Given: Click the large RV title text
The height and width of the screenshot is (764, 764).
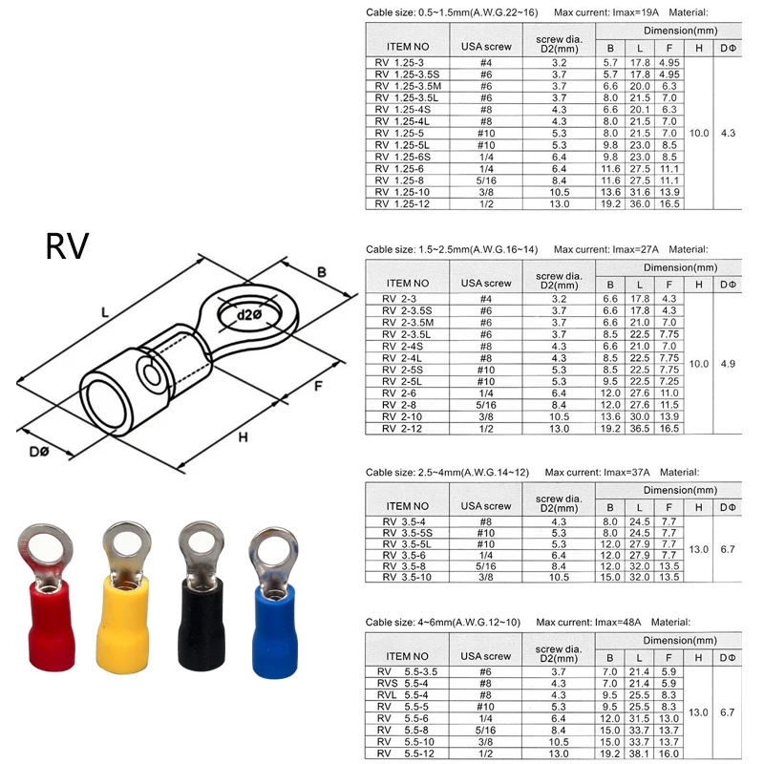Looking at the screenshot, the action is (x=67, y=246).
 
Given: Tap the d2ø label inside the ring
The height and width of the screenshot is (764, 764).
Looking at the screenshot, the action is (x=249, y=315).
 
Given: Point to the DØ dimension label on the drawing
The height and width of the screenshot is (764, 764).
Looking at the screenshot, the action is (x=39, y=452).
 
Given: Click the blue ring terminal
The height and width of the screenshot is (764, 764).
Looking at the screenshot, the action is (x=274, y=602).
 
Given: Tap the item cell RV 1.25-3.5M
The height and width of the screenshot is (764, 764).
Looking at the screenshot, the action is (x=408, y=86).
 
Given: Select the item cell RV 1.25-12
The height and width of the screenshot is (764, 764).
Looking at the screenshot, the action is (x=402, y=204).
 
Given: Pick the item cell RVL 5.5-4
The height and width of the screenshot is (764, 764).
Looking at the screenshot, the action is (x=402, y=695).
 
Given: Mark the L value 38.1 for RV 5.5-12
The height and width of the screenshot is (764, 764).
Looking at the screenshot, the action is (x=639, y=753).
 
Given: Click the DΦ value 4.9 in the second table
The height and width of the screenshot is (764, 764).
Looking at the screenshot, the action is (x=728, y=364).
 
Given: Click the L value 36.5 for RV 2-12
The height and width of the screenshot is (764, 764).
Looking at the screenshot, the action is (x=639, y=429).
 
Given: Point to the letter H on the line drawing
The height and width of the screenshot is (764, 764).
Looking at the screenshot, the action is (x=243, y=437).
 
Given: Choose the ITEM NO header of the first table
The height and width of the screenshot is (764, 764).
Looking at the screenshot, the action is (x=408, y=47).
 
